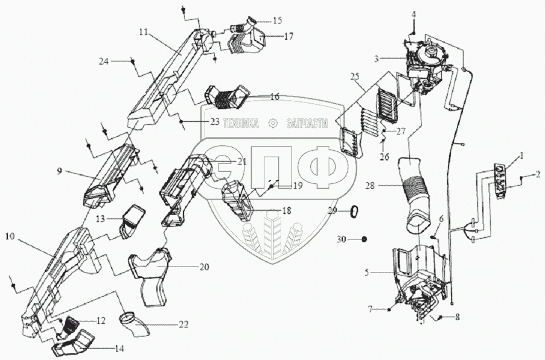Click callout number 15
(277, 21)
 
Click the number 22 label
(183, 325)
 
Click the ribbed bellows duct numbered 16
(227, 96)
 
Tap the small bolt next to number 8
(441, 317)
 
